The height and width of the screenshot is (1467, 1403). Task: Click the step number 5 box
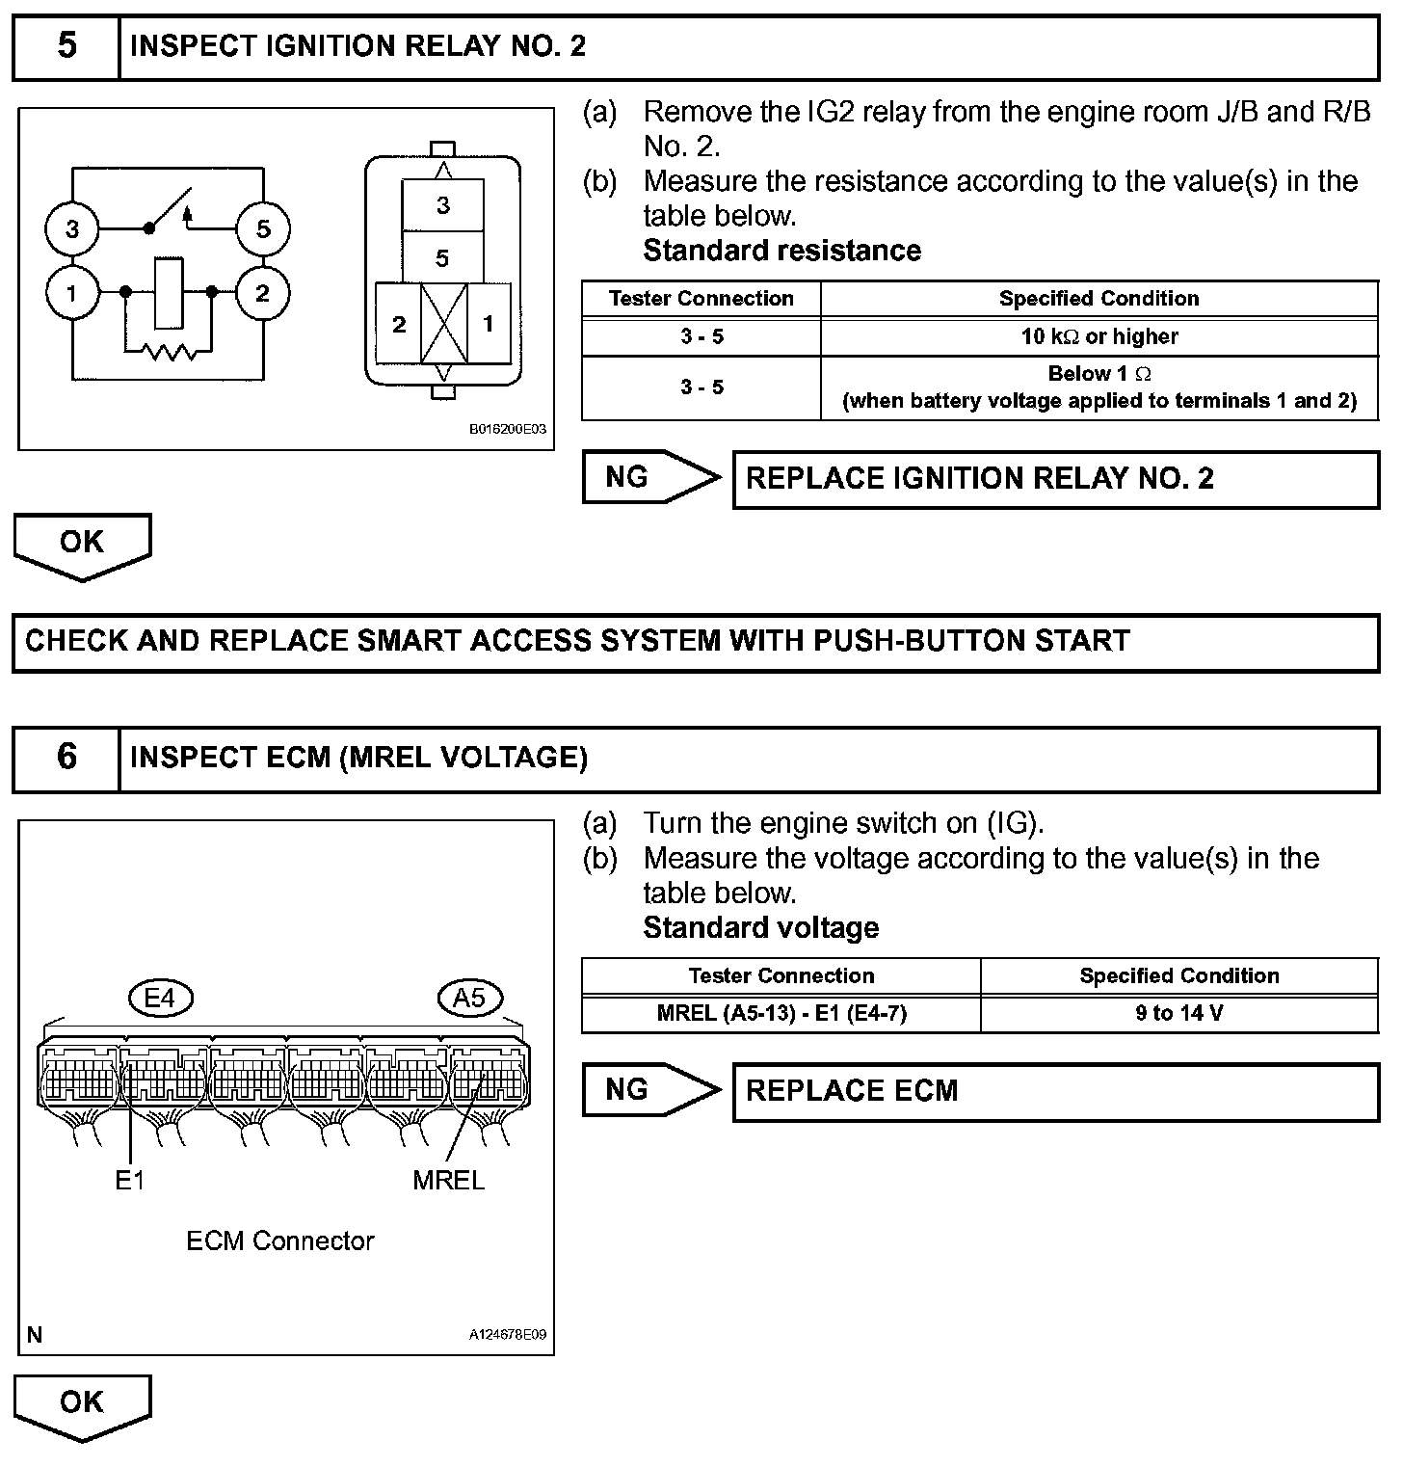(x=66, y=46)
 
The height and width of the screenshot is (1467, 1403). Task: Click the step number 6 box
(x=66, y=758)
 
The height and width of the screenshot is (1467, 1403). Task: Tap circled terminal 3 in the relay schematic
(x=72, y=229)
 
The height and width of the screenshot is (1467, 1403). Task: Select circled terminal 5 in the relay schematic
(x=263, y=229)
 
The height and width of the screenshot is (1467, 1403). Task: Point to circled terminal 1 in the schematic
(x=72, y=292)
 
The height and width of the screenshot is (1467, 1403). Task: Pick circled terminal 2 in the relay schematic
(x=263, y=292)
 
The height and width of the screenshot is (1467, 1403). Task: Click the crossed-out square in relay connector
(x=443, y=323)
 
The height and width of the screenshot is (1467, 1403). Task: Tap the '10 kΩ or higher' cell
(x=1099, y=336)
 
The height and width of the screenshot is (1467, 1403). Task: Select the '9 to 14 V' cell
(x=1178, y=1014)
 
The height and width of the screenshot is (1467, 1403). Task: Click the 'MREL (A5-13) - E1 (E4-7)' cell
(x=781, y=1014)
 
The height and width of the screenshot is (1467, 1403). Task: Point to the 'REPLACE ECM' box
(x=1055, y=1091)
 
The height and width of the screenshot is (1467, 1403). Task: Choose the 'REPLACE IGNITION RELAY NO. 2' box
(x=1055, y=479)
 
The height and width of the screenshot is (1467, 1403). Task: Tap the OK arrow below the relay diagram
(x=82, y=545)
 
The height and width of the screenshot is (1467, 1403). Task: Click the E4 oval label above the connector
(x=160, y=998)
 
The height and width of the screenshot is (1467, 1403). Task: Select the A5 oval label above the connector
(x=469, y=998)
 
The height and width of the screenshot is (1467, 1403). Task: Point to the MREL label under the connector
(x=448, y=1180)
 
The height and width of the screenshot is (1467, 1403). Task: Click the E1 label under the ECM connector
(x=130, y=1180)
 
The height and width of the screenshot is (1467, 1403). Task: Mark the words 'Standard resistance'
(x=781, y=251)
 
